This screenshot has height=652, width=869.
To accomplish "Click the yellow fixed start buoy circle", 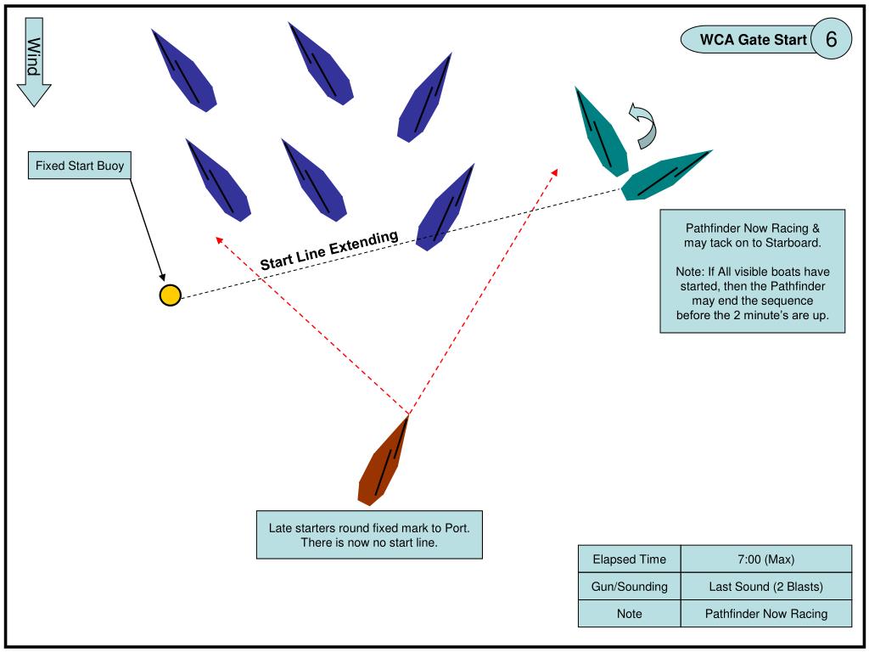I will (x=171, y=295).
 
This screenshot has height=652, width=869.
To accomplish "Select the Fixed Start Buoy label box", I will (x=80, y=166).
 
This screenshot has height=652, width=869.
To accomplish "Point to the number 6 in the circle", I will (x=831, y=39).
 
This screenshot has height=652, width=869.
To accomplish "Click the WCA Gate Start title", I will (x=753, y=40).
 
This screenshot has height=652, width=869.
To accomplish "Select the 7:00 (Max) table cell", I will (x=765, y=559).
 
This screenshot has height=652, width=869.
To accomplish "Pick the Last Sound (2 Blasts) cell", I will (x=765, y=587).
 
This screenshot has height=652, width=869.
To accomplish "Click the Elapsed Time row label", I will (x=629, y=559).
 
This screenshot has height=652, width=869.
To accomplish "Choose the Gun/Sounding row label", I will (x=629, y=587).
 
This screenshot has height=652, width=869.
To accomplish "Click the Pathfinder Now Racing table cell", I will (x=765, y=614).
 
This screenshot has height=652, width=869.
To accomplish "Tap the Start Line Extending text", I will (x=328, y=251).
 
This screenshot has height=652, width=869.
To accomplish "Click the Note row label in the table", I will (x=629, y=614).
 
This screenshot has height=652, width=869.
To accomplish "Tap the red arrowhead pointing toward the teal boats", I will (x=555, y=171).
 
